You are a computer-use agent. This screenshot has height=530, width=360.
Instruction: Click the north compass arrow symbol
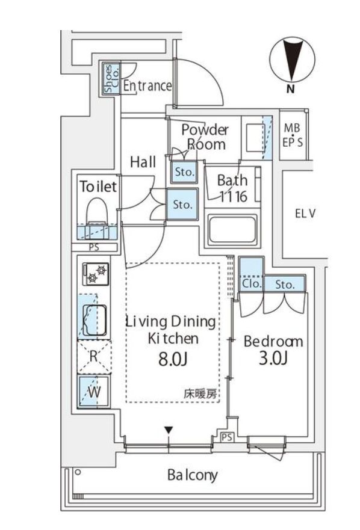coord(291,60)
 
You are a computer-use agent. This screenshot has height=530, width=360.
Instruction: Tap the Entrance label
coord(147,86)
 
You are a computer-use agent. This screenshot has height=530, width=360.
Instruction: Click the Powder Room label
coord(205,137)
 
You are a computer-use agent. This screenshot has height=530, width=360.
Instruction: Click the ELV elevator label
coord(306,213)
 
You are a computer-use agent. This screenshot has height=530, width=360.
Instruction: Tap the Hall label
coord(143,162)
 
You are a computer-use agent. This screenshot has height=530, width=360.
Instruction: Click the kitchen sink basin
coord(95,318)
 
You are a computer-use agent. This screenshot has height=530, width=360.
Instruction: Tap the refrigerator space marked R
coord(93,356)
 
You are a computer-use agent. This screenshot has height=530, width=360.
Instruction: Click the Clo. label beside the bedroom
coord(251,283)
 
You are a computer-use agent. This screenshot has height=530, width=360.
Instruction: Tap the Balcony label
coord(192,475)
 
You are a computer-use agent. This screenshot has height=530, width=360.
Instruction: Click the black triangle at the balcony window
coord(169,430)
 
